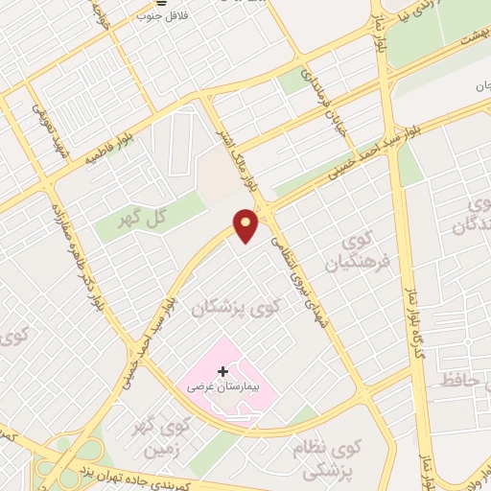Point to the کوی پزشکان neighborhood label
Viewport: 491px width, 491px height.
pos(237,307)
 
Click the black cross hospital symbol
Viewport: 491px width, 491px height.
pos(223,371)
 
